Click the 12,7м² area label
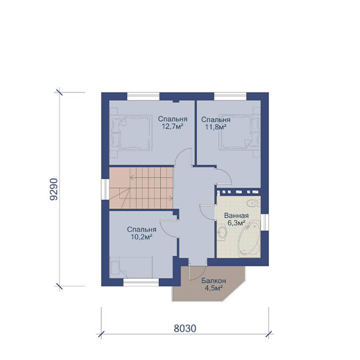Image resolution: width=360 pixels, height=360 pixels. pyautogui.click(x=173, y=126)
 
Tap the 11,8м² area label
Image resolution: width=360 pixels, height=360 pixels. pyautogui.click(x=216, y=127)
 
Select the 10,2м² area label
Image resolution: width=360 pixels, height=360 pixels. pyautogui.click(x=142, y=237)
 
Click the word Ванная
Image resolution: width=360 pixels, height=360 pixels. pyautogui.click(x=236, y=216)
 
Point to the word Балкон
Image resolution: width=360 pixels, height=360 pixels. pyautogui.click(x=214, y=281)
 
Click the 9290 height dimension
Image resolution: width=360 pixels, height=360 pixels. pyautogui.click(x=54, y=189)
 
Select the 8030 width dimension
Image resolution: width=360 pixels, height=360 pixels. pyautogui.click(x=185, y=329)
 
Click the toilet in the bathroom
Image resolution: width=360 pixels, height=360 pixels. pyautogui.click(x=253, y=203)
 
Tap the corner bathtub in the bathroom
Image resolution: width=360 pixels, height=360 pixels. pyautogui.click(x=250, y=241)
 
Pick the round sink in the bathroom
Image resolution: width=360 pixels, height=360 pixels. pyautogui.click(x=221, y=233)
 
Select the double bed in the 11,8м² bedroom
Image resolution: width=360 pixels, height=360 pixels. pyautogui.click(x=239, y=132)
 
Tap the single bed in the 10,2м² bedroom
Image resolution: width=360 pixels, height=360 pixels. pyautogui.click(x=131, y=268)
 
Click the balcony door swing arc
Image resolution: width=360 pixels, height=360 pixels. pyautogui.click(x=200, y=275)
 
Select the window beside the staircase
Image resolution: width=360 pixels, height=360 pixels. pyautogui.click(x=106, y=189)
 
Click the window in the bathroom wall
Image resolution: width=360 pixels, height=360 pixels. pyautogui.click(x=265, y=222)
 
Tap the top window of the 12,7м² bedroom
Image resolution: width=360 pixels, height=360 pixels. pyautogui.click(x=143, y=97)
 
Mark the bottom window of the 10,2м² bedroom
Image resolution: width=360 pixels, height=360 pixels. pyautogui.click(x=141, y=282)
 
